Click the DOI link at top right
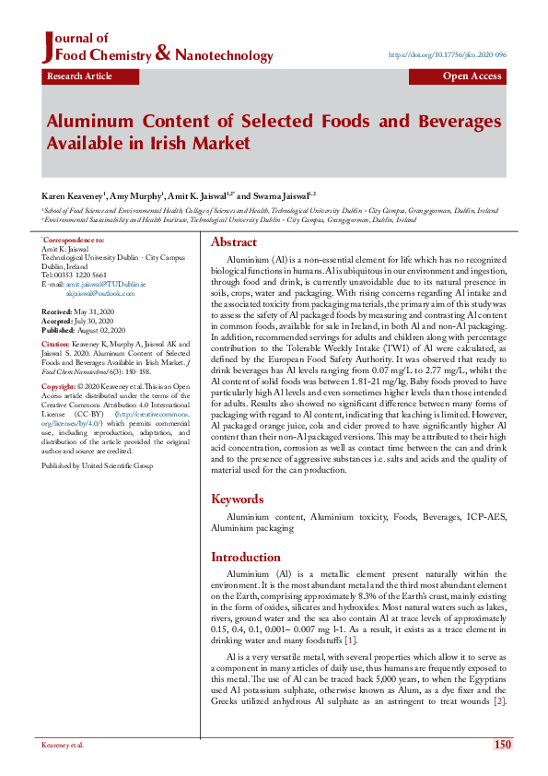coord(448,55)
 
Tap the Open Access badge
coord(472,76)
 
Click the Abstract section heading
coord(234,242)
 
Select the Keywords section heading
coord(239,499)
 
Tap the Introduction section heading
coord(247,558)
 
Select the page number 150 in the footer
coord(502,745)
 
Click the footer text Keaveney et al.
coord(63,745)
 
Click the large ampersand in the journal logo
coord(163,54)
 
